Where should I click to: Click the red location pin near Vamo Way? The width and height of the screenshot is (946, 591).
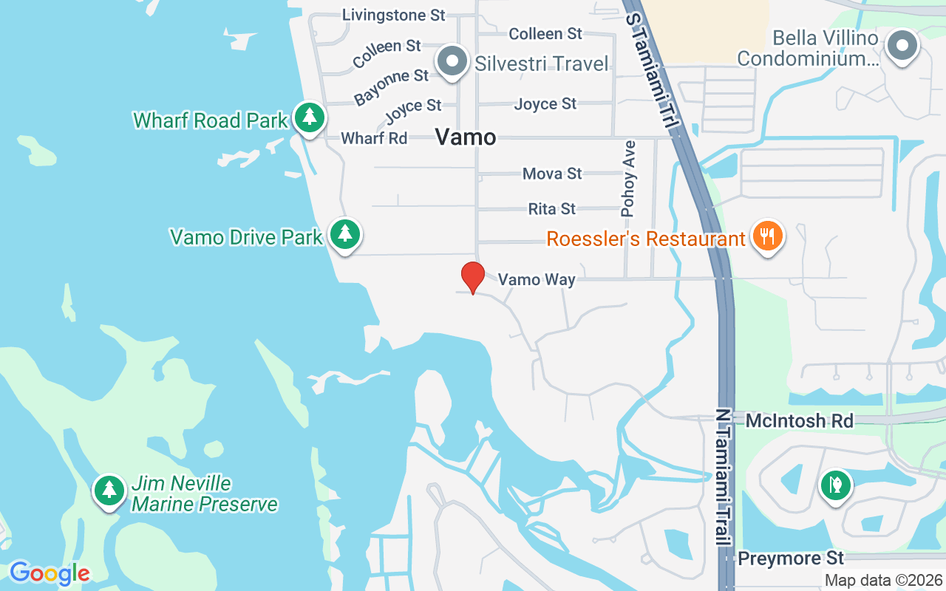[x=473, y=277]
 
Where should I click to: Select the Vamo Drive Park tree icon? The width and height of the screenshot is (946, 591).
[x=344, y=234]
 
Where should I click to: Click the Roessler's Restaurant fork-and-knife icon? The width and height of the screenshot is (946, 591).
[x=768, y=236]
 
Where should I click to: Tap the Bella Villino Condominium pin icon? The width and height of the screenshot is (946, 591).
[x=902, y=46]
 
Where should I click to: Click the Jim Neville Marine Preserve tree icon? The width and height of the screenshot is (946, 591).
[x=109, y=490]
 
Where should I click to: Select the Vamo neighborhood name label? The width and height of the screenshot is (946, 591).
[x=465, y=137]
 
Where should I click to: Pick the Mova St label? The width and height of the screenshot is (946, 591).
[x=552, y=174]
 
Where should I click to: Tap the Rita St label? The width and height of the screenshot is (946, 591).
[x=551, y=209]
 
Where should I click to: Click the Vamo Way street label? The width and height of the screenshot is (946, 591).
[x=537, y=279]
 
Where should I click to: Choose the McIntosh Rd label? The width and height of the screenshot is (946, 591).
[x=799, y=421]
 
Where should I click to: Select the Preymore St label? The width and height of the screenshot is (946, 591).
[x=791, y=558]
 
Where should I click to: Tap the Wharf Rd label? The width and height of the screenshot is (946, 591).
[x=374, y=138]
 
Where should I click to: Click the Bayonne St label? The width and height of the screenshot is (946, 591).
[x=392, y=86]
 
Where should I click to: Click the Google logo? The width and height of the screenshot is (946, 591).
[x=50, y=573]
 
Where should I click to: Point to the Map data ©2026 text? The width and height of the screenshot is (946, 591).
[x=883, y=581]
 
